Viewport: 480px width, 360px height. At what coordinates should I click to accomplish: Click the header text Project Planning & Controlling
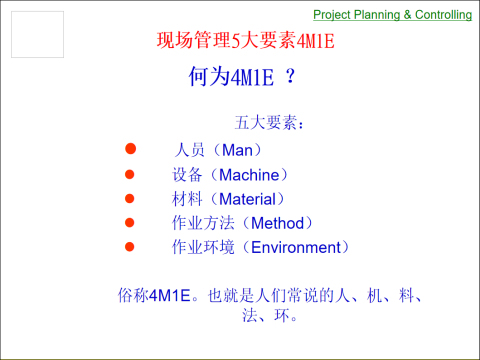pos(392,15)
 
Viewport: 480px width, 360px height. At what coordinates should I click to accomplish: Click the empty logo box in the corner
pos(37,35)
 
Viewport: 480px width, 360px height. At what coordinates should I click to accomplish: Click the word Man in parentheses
pos(238,150)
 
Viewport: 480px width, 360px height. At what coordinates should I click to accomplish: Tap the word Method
pos(278,222)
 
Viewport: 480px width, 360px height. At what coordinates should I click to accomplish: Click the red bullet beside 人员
pos(129,150)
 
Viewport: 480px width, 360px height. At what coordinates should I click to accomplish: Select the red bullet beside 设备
pos(129,174)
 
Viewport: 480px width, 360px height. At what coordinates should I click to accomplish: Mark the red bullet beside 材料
pos(129,198)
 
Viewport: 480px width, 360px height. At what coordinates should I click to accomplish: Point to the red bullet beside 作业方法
pos(129,222)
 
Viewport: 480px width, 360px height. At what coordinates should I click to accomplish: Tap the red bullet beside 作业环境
pos(129,246)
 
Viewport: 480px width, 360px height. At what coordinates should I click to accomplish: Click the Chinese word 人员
pos(189,150)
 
